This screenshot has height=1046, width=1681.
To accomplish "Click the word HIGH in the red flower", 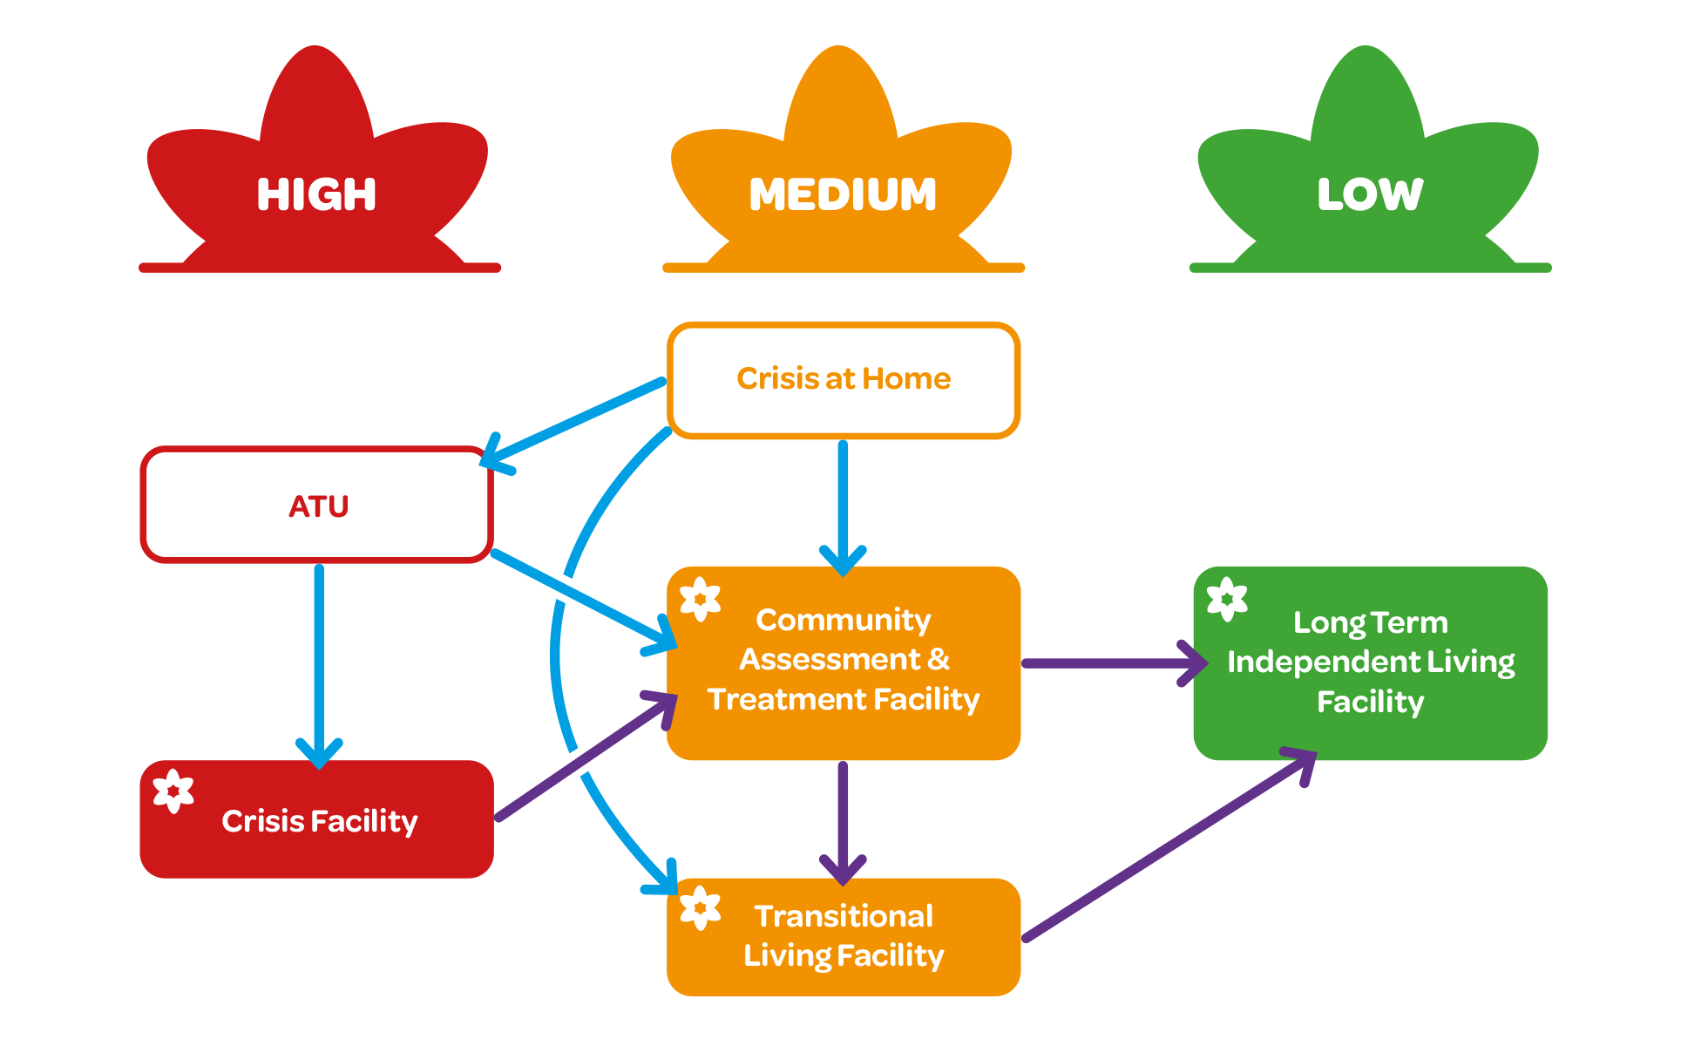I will coord(316,194).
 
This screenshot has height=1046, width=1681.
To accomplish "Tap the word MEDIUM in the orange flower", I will coord(843,194).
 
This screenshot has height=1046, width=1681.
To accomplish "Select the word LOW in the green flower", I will coord(1370,194).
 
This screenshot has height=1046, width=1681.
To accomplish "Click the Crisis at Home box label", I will coord(843,378).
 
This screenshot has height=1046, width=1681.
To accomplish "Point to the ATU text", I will coord(318,506).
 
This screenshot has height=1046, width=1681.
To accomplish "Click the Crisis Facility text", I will coord(319,821).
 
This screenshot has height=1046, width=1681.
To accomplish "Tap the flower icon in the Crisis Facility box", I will coord(173,791).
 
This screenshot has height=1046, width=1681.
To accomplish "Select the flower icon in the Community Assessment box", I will coord(700,600).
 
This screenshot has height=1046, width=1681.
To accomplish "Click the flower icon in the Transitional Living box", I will coord(700,908).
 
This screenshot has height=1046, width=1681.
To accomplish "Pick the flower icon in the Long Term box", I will coord(1227,600).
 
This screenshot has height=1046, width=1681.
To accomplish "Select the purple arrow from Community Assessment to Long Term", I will coord(1107,663).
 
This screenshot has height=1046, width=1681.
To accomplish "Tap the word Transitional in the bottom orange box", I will coord(843,916).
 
